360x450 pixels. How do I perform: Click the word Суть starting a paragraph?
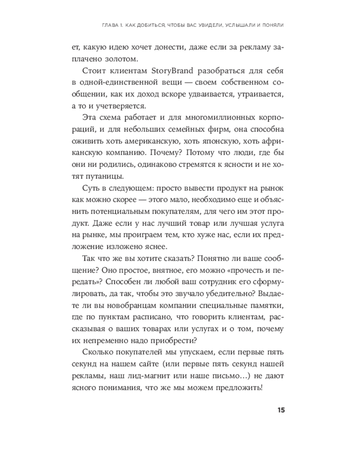92,188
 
